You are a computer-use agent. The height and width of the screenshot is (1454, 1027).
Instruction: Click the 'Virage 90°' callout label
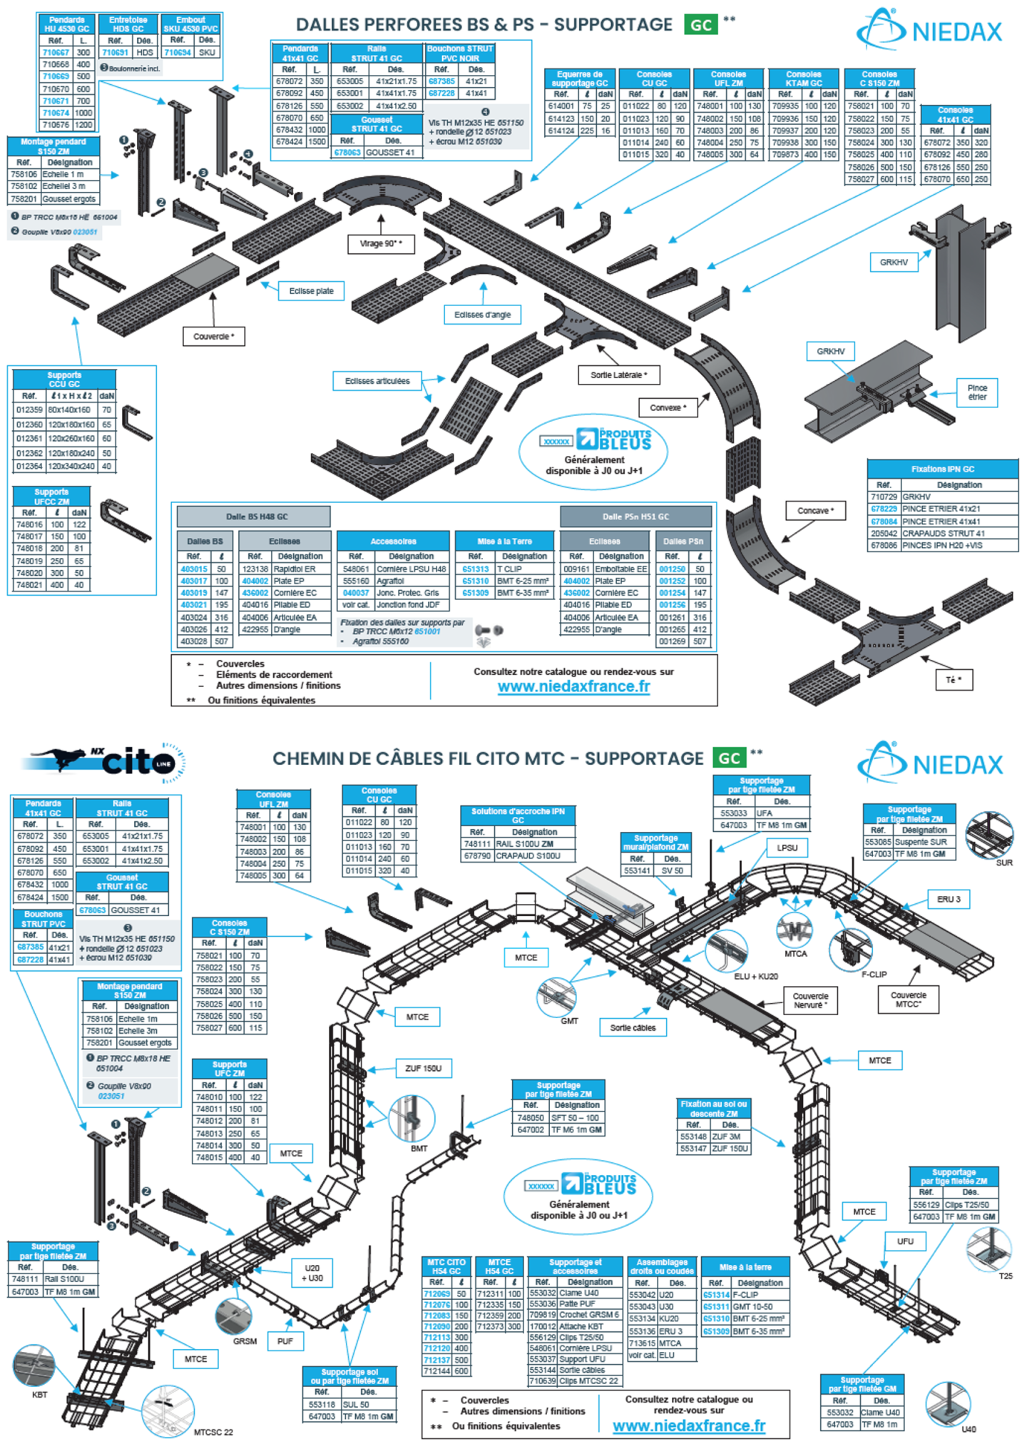coord(381,244)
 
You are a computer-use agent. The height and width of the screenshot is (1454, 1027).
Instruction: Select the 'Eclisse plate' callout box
coord(311,291)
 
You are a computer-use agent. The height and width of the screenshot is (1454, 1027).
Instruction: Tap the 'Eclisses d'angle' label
coord(482,315)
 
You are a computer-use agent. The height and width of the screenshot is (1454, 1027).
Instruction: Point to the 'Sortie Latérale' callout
coord(618,375)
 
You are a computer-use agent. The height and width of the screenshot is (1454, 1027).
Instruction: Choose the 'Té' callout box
coord(954,680)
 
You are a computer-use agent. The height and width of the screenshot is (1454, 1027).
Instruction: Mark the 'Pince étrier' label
coord(977,392)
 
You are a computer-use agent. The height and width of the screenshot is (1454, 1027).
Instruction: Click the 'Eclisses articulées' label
coord(377,381)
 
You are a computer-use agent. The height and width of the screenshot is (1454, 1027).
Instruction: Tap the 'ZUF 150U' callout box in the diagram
coord(423,1068)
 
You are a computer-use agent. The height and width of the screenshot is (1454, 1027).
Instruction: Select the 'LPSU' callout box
coord(787,848)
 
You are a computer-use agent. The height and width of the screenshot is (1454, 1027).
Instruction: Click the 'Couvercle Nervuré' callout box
coord(810,1000)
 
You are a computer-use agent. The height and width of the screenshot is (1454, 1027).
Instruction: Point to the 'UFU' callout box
coord(905,1241)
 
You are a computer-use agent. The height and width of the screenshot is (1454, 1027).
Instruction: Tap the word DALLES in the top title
coord(329,25)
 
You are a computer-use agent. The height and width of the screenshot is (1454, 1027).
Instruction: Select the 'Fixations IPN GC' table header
coord(942,469)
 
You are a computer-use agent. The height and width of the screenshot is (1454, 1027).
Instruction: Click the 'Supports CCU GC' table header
coord(64,380)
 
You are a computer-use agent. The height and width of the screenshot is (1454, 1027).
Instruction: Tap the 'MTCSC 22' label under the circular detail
coord(213,1432)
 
